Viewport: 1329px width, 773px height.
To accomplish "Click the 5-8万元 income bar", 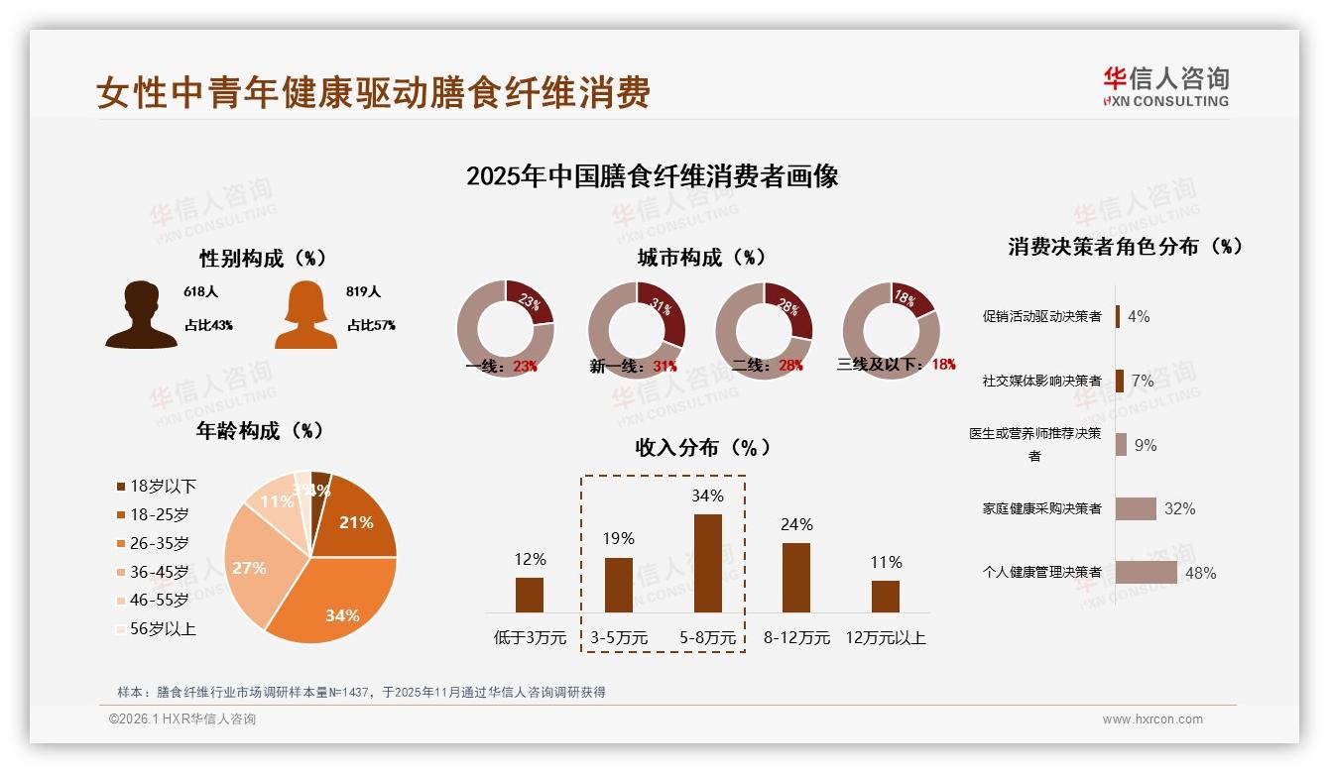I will [707, 563].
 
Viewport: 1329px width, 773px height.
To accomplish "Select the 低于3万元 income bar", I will [530, 595].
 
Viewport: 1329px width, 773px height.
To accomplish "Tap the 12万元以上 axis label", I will [885, 638].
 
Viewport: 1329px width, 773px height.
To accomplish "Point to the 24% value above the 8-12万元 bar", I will [796, 524].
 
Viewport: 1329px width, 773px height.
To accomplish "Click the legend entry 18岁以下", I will [157, 486].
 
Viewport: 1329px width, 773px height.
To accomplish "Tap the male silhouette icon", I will [142, 315].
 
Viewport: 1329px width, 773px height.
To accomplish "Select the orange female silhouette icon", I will [305, 315].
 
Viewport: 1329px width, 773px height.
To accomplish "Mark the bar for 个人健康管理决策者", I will [1146, 573].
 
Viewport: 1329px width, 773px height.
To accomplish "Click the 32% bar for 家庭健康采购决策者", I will [1136, 508].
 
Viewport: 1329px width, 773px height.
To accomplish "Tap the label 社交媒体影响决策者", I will [1041, 381].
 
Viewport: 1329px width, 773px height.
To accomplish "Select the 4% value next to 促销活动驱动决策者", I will [1139, 316].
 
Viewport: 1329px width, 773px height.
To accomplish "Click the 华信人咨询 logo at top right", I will [1165, 86].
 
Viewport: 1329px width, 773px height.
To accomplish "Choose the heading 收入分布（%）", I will [702, 448].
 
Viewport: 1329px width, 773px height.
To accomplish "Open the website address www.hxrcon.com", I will [1152, 719].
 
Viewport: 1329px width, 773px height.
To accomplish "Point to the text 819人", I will [364, 292].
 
